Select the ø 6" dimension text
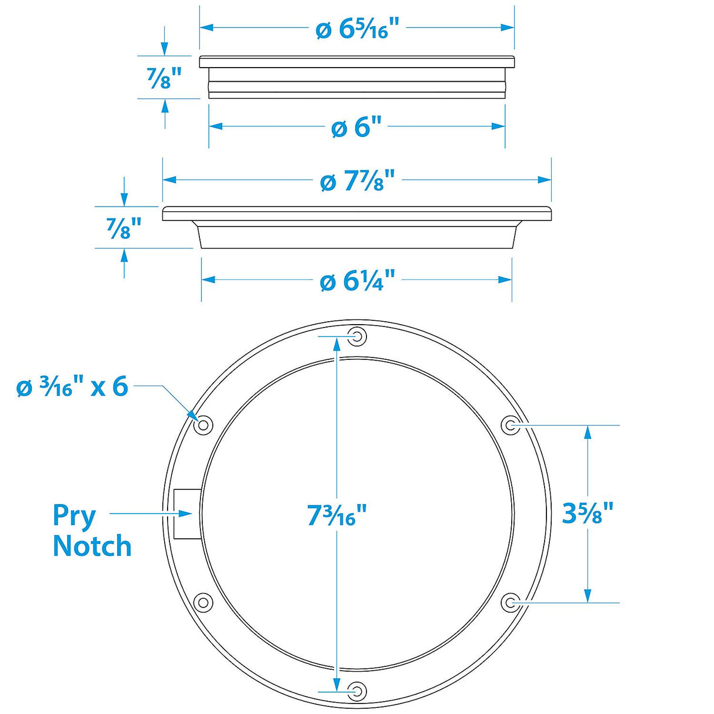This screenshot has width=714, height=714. coord(357,127)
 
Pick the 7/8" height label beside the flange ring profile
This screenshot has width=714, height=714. coord(124,228)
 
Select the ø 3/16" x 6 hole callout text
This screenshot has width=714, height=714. coord(72,387)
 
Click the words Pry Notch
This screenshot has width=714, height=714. coord(91,531)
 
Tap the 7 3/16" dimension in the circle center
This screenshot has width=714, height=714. coord(337,516)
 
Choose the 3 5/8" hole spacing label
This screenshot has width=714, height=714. coord(588,513)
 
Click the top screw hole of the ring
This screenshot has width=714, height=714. coord(357,337)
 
